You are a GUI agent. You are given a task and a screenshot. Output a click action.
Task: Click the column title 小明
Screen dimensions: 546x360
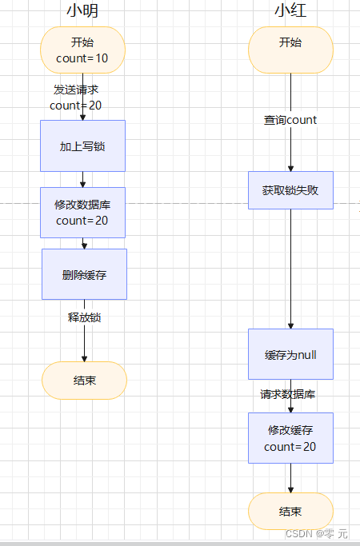pos(82,11)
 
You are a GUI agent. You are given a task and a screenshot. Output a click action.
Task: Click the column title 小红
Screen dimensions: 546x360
pos(290,11)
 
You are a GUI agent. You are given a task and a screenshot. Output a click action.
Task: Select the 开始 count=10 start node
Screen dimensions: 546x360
pos(82,50)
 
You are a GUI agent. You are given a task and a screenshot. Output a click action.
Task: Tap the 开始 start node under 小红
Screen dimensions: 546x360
pos(290,50)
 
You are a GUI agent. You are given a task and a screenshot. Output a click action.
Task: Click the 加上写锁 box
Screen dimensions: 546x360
pos(82,145)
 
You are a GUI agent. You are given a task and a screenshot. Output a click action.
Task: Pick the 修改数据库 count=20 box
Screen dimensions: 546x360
pos(82,213)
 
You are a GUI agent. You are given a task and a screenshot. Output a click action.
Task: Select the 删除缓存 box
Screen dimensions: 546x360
pos(84,274)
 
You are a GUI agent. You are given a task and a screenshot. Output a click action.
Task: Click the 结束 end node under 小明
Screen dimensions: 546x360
pos(84,381)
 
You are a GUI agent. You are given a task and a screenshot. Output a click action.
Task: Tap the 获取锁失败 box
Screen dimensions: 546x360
pos(290,190)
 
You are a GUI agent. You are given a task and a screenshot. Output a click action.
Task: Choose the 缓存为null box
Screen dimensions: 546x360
pos(290,354)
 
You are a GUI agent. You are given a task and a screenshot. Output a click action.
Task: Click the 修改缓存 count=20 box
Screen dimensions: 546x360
pos(290,438)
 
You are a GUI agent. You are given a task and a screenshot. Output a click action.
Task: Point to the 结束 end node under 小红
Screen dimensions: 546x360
pos(290,512)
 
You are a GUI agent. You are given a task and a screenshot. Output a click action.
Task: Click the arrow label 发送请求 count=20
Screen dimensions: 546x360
pos(76,97)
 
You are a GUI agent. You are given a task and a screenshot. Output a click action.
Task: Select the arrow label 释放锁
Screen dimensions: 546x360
pos(84,317)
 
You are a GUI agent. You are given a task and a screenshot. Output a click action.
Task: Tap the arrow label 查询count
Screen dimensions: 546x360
pos(290,120)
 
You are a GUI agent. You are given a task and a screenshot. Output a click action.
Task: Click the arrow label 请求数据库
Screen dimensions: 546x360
pos(287,394)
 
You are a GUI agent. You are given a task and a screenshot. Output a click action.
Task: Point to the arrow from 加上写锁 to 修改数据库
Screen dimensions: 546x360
pos(82,179)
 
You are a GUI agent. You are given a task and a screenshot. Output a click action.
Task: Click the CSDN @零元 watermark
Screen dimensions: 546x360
pos(317,533)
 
